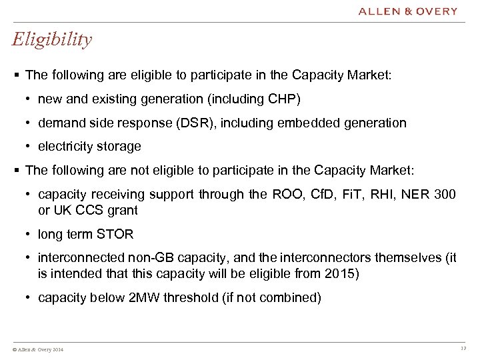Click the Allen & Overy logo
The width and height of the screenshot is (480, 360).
408,11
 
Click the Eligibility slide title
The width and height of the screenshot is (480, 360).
52,40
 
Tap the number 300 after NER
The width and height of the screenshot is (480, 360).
445,194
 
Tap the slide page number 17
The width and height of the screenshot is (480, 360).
463,349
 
